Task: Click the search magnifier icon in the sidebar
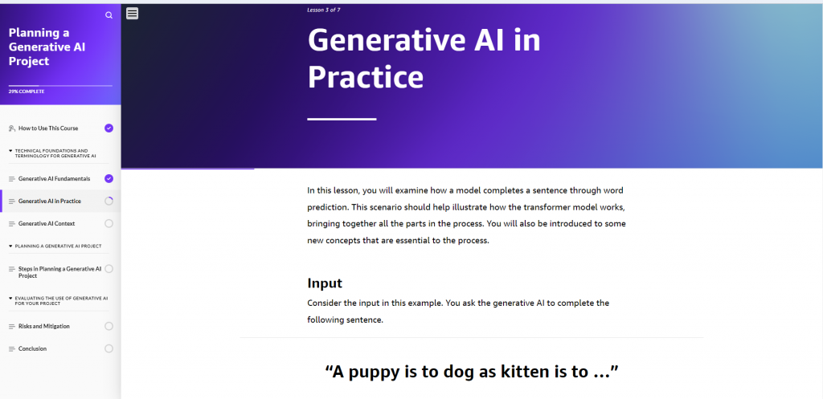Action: tap(109, 15)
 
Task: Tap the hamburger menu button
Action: tap(133, 13)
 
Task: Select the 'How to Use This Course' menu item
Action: tap(48, 128)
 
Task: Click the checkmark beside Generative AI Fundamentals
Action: tap(109, 178)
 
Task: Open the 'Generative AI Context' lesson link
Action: tap(47, 223)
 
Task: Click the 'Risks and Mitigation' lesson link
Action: tap(44, 326)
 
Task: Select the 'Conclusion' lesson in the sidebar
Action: tap(33, 348)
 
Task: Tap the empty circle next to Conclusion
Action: tap(109, 348)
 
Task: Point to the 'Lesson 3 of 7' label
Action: tap(324, 10)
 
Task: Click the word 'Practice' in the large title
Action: tap(366, 77)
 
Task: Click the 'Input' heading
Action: tap(325, 283)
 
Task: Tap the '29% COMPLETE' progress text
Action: tap(27, 92)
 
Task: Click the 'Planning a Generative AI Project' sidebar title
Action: tap(47, 47)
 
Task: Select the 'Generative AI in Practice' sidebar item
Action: tap(50, 201)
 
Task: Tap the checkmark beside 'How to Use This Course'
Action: tap(109, 128)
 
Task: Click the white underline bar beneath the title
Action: tap(342, 119)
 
